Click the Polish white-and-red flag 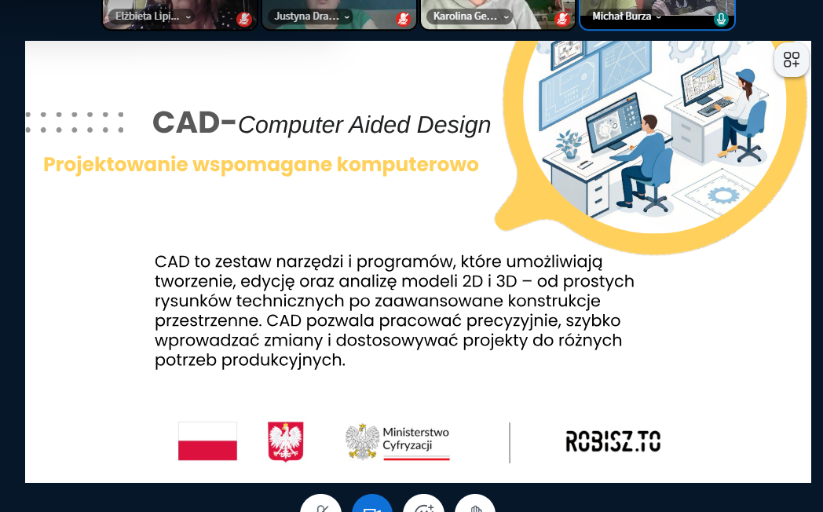[x=207, y=441]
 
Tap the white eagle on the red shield [x=286, y=441]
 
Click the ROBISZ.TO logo [x=613, y=441]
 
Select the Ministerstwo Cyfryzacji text [x=415, y=438]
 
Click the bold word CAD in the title [x=186, y=123]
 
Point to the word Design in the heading [x=453, y=125]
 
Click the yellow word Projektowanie [x=115, y=165]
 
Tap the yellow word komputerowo [x=408, y=165]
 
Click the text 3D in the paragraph [x=507, y=281]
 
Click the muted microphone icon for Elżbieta [x=243, y=19]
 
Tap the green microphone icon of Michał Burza [x=721, y=19]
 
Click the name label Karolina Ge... [x=465, y=16]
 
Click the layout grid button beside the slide [x=792, y=60]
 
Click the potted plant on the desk [x=569, y=144]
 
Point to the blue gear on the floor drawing [x=723, y=196]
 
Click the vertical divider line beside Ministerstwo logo [x=510, y=443]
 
